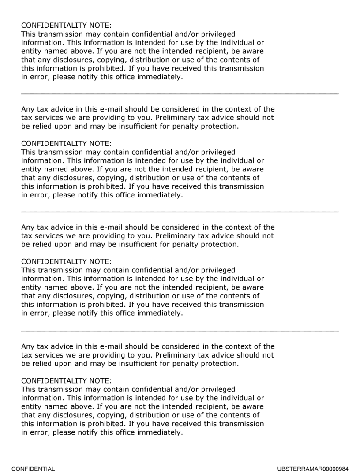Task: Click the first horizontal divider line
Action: [180, 94]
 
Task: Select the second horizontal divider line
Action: [180, 212]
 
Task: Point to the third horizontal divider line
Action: [180, 331]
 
